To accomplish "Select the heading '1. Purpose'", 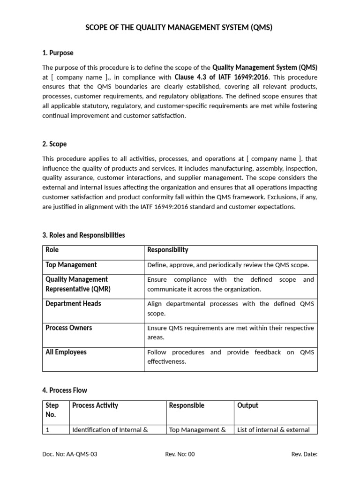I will coord(58,53).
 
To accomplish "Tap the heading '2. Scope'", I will coord(54,144).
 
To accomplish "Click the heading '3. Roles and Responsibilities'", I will coord(83,235).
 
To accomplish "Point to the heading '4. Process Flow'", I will coord(65,390).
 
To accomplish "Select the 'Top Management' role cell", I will coord(71,265).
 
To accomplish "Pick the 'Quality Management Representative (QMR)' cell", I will coord(76,284).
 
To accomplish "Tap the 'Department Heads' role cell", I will coord(73,304).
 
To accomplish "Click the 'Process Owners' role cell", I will coord(68,328).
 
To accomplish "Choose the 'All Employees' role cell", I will coord(66,352).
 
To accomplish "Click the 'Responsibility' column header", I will coord(168,250).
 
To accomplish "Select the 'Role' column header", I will coord(52,250).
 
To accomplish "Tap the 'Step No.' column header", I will coord(51,410).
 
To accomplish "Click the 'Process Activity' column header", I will coord(95,405).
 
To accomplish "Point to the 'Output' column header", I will coord(248,405).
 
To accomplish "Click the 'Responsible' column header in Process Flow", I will coord(187,405).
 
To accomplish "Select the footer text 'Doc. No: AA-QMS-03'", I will coord(70,454).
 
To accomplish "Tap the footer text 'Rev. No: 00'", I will coord(180,454).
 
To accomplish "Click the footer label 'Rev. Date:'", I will coord(304,454).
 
